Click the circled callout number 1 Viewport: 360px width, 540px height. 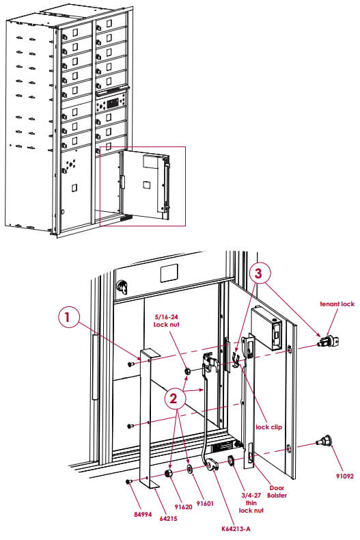(x=67, y=317)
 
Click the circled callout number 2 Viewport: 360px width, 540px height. (x=175, y=399)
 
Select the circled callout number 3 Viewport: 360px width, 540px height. (x=258, y=273)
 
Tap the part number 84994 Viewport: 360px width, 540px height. (x=143, y=515)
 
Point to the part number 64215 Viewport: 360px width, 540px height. (x=168, y=518)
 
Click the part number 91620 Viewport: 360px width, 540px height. (x=184, y=507)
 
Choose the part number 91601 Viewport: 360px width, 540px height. (x=205, y=504)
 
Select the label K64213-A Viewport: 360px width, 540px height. (x=236, y=529)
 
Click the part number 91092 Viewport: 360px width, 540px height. (x=345, y=476)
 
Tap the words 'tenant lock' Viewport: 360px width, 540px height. (x=337, y=303)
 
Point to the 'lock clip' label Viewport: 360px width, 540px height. (x=268, y=427)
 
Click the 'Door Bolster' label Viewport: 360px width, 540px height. (x=277, y=491)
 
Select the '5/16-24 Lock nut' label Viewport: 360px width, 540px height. (x=166, y=321)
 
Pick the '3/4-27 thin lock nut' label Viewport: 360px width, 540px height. (x=251, y=503)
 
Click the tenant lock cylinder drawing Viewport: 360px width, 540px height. (x=329, y=340)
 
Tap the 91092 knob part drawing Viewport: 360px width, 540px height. (x=324, y=441)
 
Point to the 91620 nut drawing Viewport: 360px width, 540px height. (x=169, y=473)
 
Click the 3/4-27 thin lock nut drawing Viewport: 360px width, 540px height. (x=231, y=460)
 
